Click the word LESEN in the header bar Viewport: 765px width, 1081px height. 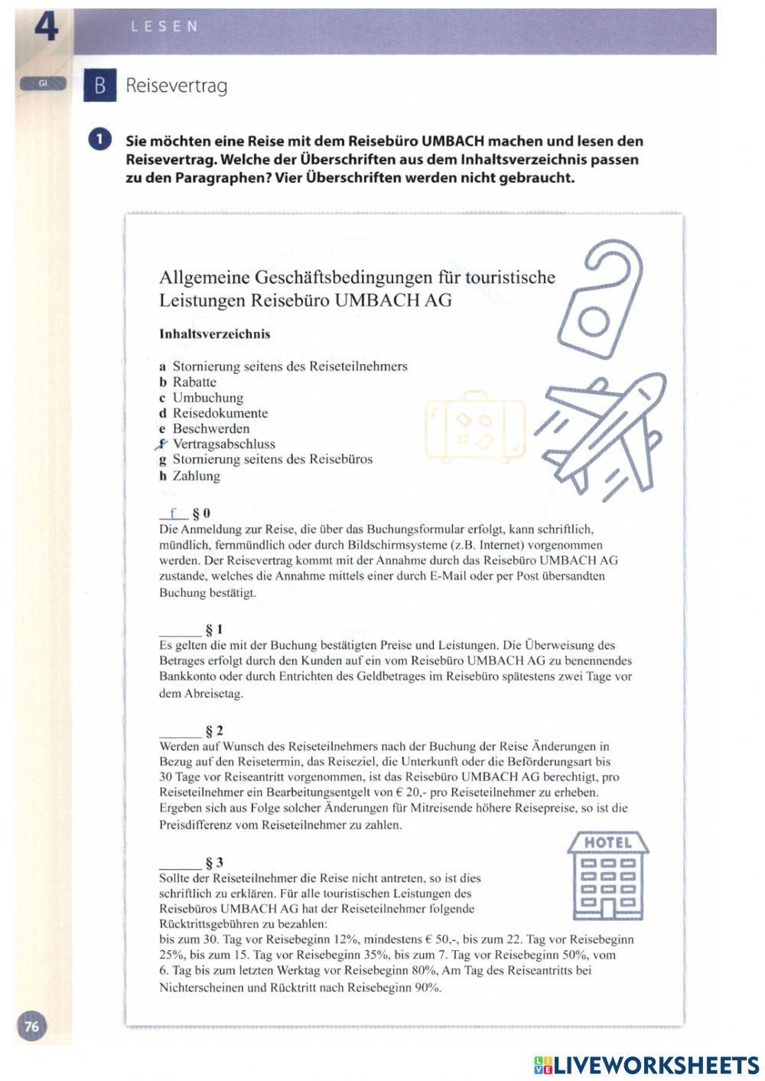(164, 27)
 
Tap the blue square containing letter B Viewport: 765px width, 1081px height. (99, 86)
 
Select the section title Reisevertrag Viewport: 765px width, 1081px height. (176, 86)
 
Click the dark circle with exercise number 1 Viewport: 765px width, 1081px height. (100, 141)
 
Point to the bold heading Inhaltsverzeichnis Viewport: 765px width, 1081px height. (214, 334)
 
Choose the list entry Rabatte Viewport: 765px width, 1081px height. (194, 382)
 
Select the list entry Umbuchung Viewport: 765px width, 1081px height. (207, 398)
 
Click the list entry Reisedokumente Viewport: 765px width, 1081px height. (220, 413)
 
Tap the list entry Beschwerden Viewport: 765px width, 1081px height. (210, 428)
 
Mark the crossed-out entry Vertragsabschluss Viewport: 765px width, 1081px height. (223, 444)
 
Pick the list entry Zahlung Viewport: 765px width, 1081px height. (196, 476)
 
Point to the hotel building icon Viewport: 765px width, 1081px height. (608, 877)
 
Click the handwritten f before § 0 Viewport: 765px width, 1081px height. (174, 513)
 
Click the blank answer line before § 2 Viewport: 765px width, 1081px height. (180, 733)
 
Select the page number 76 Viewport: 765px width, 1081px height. (32, 1026)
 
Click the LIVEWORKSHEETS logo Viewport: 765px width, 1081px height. (646, 1064)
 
